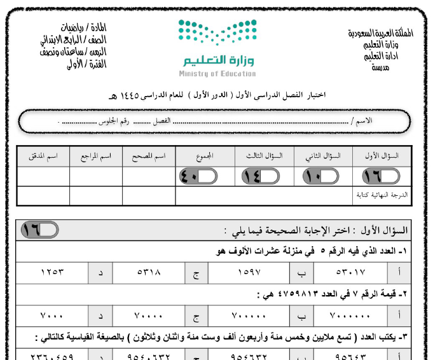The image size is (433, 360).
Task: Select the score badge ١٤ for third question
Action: coord(256,177)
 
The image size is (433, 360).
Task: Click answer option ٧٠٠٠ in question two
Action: coord(53,315)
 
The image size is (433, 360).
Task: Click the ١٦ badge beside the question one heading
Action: coord(39,230)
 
